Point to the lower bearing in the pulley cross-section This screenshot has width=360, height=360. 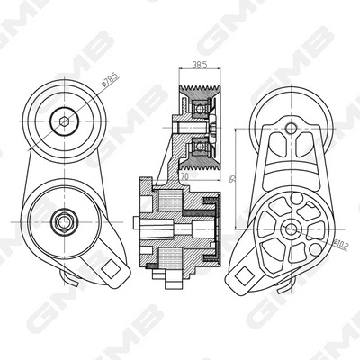(x=197, y=149)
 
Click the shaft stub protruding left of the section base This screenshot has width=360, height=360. (x=137, y=225)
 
